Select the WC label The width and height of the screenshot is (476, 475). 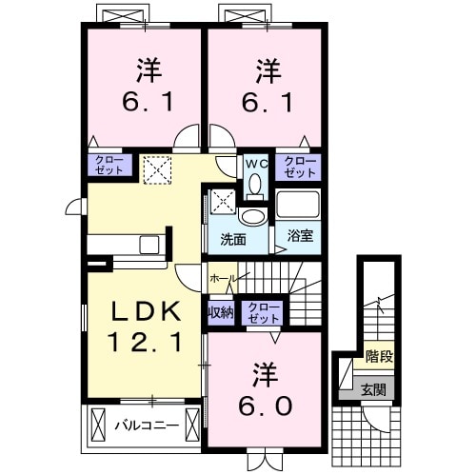click(254, 163)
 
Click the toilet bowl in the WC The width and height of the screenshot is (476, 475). click(254, 184)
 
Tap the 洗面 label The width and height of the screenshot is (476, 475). click(233, 238)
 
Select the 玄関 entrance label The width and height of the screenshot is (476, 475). click(370, 389)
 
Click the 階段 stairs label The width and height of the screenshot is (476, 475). click(379, 357)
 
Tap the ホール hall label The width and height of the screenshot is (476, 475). click(222, 277)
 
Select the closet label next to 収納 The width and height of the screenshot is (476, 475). click(261, 311)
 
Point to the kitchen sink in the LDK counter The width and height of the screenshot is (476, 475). click(149, 245)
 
